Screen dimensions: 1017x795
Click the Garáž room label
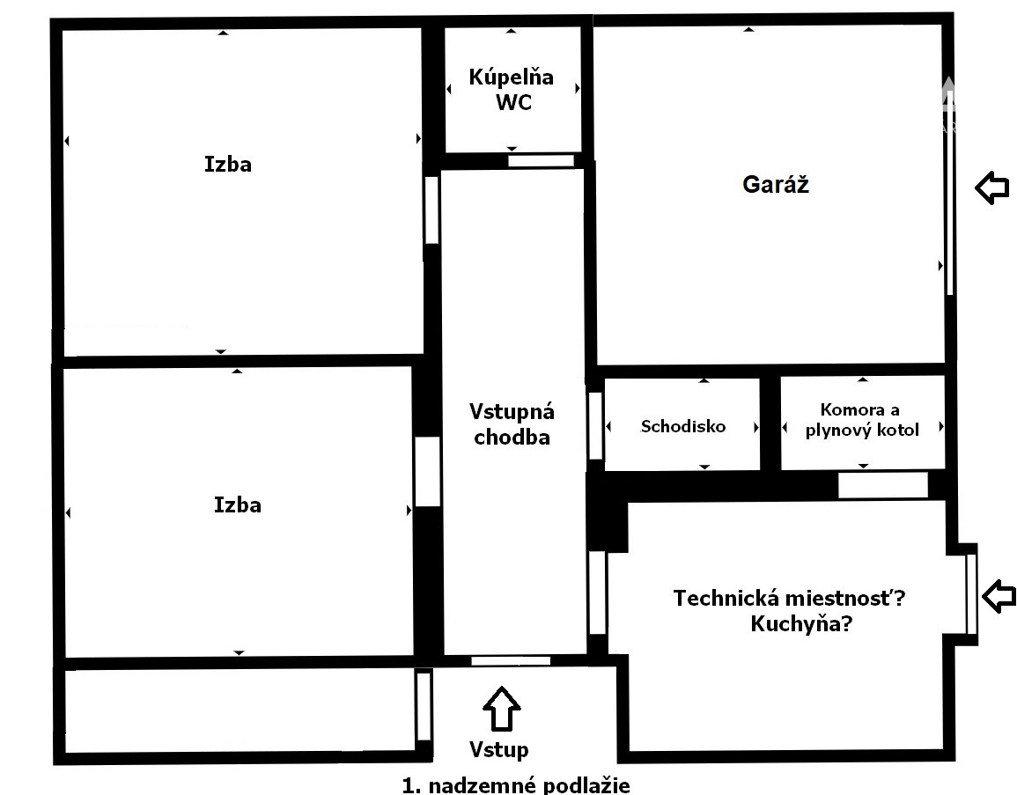[776, 185]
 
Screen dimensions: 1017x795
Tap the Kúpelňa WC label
[512, 90]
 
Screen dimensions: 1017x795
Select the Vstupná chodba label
[512, 424]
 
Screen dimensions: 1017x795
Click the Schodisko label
[683, 426]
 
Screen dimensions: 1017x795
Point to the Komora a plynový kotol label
[862, 420]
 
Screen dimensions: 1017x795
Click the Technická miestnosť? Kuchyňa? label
[789, 610]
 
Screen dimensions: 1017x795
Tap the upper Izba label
[228, 164]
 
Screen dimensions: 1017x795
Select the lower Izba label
[238, 504]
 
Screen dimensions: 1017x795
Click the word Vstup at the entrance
[498, 749]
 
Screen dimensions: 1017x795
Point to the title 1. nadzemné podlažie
[516, 785]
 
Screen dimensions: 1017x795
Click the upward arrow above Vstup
[501, 708]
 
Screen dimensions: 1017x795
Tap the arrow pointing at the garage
[992, 188]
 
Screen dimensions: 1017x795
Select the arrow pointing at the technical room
[999, 596]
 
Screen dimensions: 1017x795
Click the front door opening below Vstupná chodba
[511, 661]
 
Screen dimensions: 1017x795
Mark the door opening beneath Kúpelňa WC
[541, 161]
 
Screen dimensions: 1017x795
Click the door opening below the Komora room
[883, 485]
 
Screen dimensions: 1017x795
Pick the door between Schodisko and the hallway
[595, 425]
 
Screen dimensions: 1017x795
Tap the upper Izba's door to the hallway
[431, 210]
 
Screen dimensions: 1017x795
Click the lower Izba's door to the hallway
[427, 471]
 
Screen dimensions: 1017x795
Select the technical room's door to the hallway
[597, 593]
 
